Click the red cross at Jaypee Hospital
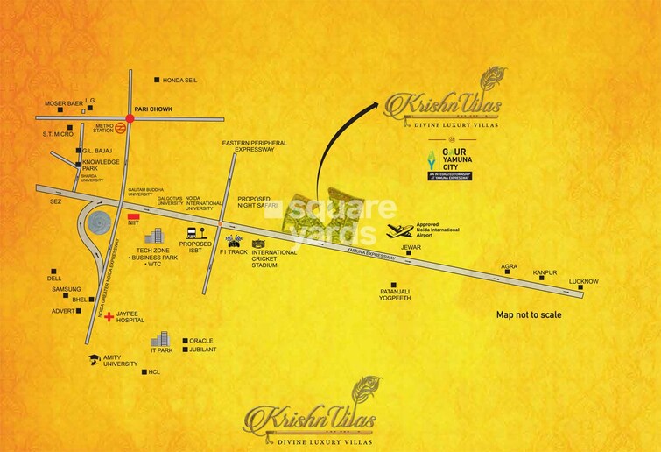(x=109, y=317)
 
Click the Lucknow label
(x=584, y=281)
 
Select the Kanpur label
(x=545, y=273)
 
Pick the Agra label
(x=510, y=266)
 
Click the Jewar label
(x=411, y=248)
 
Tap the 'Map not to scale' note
(x=529, y=314)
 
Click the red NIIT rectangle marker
(x=134, y=215)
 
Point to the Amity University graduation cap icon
(x=93, y=360)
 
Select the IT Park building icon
(x=158, y=339)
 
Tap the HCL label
(x=156, y=372)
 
